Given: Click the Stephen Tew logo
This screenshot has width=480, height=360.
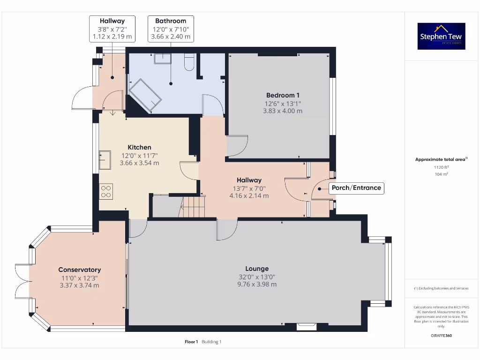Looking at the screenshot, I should point(441,36).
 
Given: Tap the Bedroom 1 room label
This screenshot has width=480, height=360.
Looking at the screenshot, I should point(283,95).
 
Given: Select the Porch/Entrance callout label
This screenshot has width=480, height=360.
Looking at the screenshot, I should point(357,188).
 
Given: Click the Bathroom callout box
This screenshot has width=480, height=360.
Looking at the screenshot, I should point(171,29).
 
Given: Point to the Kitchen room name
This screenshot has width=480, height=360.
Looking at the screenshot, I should point(139,147).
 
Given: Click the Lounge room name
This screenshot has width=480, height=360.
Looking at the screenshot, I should point(257,269).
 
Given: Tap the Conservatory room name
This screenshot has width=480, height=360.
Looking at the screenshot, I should point(79,270).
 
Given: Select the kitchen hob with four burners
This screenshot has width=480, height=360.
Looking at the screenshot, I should point(106,191).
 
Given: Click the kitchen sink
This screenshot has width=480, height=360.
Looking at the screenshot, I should point(105,159).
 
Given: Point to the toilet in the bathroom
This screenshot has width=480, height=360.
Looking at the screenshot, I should point(189,62).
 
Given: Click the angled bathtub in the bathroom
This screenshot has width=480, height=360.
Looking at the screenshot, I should point(145,95).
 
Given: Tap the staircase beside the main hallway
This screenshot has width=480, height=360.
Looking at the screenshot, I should point(193,207).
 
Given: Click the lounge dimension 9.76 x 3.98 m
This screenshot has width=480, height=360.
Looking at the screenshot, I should point(257,284).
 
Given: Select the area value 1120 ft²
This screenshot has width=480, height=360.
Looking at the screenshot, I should point(441,167).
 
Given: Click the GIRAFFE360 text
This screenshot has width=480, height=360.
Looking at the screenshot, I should point(441,336).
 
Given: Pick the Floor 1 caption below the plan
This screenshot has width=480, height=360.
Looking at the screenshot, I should point(191,342).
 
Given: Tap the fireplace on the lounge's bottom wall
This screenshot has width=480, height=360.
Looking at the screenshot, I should point(306,326).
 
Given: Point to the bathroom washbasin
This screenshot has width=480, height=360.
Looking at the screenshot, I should point(163,58).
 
